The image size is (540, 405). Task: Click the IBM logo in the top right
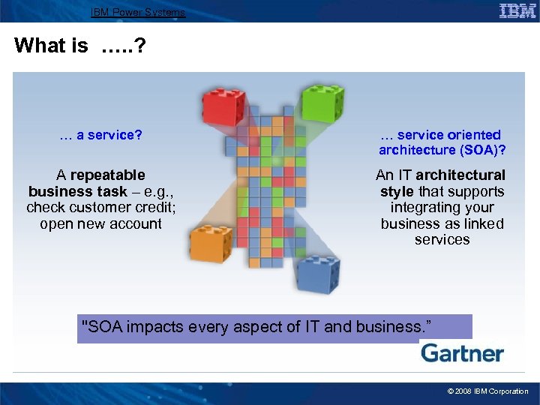[x=517, y=10]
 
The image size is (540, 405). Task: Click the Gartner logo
[x=461, y=353]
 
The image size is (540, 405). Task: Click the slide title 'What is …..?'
[x=79, y=46]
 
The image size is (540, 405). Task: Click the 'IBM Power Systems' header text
[x=137, y=12]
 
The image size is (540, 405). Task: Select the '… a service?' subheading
[x=101, y=135]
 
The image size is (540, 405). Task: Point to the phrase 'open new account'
[x=100, y=223]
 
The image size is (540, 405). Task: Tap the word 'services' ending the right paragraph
[x=442, y=240]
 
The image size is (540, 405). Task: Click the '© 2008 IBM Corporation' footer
[x=487, y=391]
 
